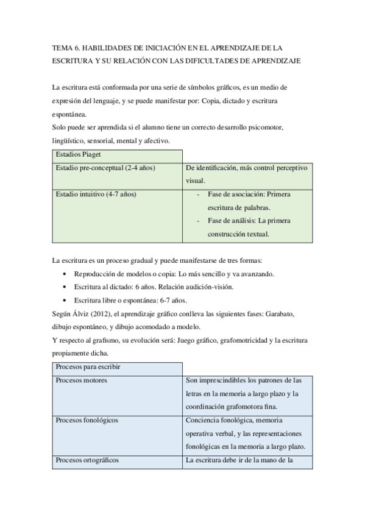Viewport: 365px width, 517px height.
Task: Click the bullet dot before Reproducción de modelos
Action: (x=65, y=274)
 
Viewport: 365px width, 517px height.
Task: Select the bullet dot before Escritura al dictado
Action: (x=65, y=287)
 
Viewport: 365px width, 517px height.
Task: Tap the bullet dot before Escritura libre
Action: (x=65, y=301)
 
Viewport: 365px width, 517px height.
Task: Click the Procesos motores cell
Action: (x=81, y=380)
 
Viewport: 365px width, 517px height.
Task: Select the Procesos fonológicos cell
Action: (x=87, y=420)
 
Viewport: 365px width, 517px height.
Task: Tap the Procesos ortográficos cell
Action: (x=87, y=460)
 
